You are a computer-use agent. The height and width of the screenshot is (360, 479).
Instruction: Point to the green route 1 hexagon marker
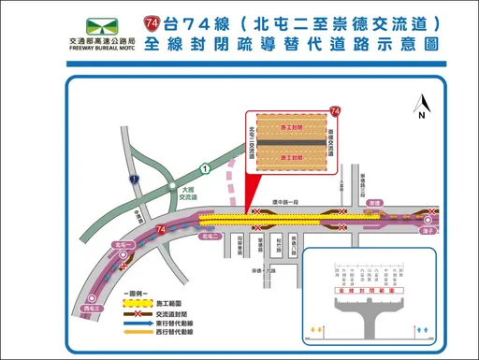[x=204, y=166]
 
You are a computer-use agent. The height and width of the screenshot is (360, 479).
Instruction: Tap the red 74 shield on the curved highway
[x=163, y=227]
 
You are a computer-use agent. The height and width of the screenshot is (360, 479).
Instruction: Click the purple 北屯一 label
[x=119, y=245]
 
